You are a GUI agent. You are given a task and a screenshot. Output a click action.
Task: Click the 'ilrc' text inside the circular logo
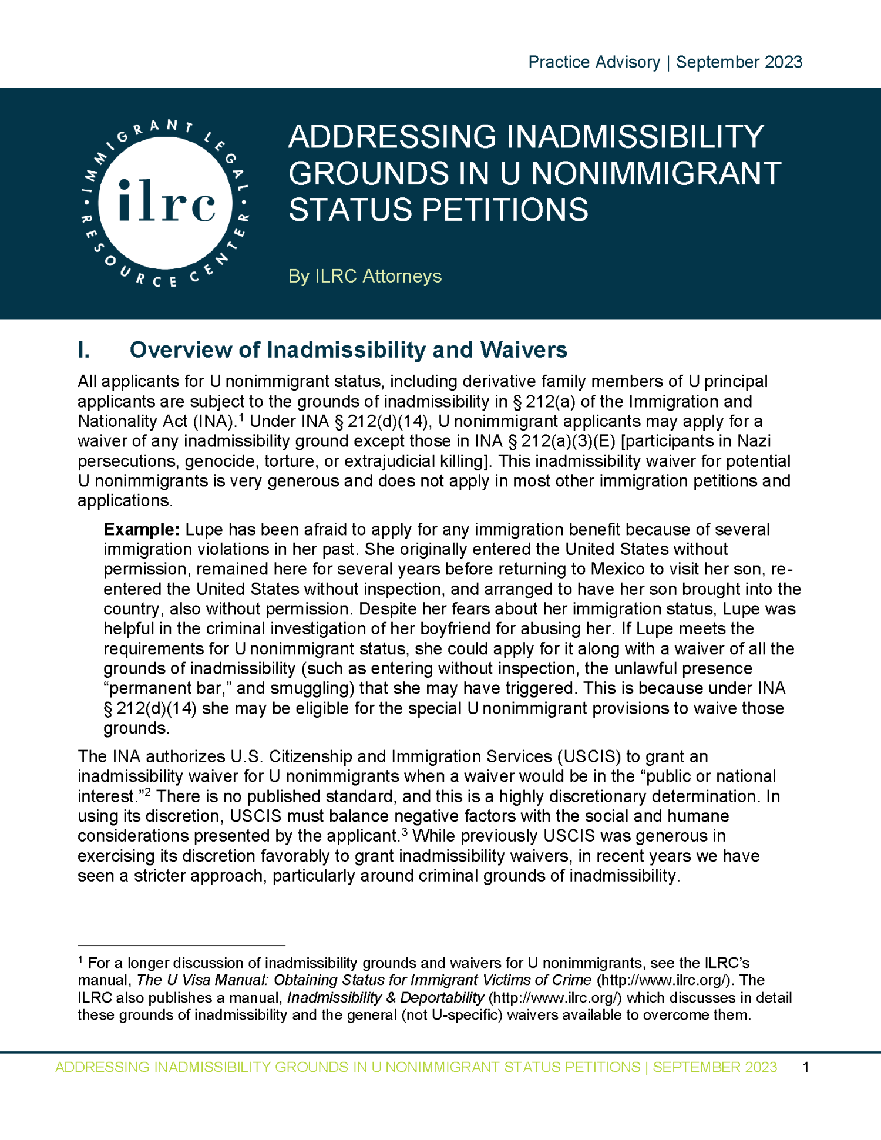click(x=166, y=202)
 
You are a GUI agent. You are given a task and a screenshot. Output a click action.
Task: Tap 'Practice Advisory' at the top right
click(x=594, y=62)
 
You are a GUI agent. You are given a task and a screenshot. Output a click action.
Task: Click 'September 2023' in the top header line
click(x=739, y=62)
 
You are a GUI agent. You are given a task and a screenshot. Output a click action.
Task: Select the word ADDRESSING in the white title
click(x=392, y=137)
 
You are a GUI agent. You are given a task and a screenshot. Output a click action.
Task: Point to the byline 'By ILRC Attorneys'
click(x=365, y=276)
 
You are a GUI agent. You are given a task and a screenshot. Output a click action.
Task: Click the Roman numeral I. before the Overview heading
click(x=84, y=350)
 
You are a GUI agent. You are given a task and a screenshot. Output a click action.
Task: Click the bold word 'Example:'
click(x=142, y=530)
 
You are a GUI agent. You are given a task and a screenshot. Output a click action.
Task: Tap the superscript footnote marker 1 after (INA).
click(x=241, y=418)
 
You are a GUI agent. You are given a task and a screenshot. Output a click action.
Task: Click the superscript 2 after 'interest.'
click(x=149, y=792)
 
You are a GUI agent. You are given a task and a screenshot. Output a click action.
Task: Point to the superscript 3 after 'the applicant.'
click(x=405, y=832)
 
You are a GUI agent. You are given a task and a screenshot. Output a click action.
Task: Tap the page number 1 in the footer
click(x=805, y=1067)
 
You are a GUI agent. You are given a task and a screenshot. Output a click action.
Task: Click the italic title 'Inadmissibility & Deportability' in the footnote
click(x=385, y=998)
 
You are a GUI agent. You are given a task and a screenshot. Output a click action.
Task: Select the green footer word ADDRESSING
click(x=102, y=1067)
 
